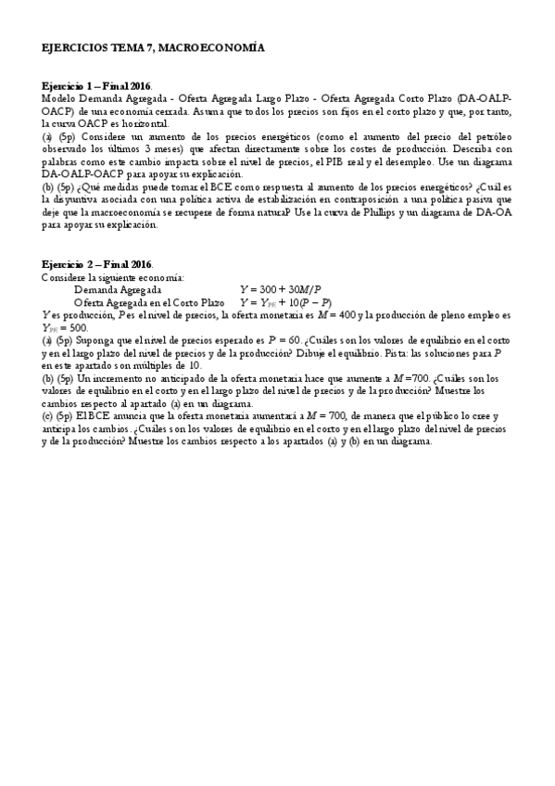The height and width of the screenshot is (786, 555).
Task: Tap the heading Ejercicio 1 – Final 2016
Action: pos(97,84)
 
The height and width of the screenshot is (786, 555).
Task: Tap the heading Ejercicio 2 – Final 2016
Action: pos(97,264)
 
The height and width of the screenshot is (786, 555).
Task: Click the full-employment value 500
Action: pos(77,328)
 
